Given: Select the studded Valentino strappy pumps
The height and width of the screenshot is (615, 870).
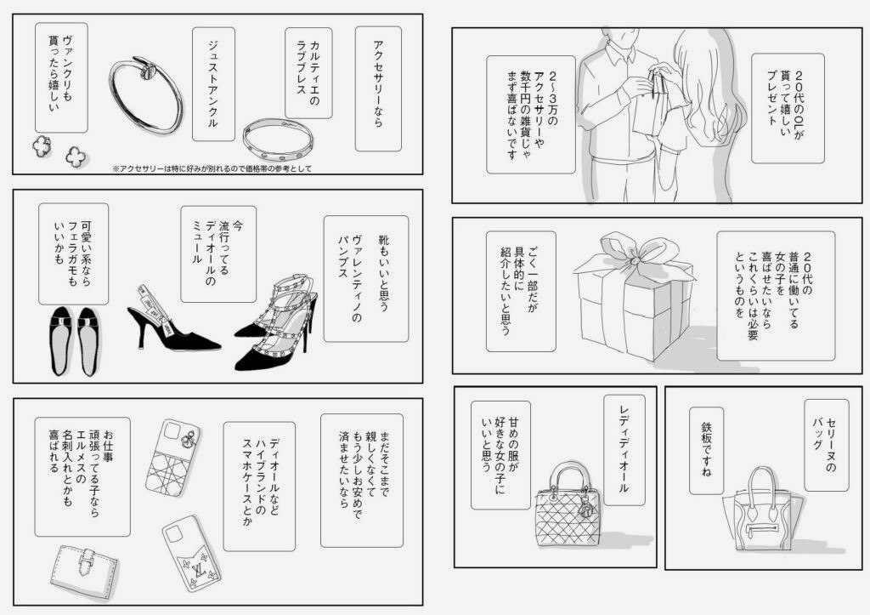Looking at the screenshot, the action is (x=276, y=322).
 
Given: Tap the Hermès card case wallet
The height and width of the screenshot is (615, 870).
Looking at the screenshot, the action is (x=84, y=572).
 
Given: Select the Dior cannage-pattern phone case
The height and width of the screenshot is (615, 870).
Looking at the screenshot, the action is (x=172, y=458).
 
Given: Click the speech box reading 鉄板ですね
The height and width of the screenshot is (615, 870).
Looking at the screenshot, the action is (x=706, y=451).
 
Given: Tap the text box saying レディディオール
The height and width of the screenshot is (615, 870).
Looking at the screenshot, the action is (x=624, y=451).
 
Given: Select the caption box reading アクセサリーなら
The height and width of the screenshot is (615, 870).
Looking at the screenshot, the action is (x=378, y=88).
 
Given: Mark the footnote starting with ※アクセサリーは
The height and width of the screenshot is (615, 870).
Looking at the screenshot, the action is (x=212, y=168).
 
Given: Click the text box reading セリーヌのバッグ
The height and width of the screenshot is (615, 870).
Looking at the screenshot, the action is (x=826, y=445).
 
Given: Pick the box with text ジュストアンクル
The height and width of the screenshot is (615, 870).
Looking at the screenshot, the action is (x=213, y=84).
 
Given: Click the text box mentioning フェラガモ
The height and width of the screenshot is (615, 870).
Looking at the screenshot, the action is (x=73, y=253).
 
